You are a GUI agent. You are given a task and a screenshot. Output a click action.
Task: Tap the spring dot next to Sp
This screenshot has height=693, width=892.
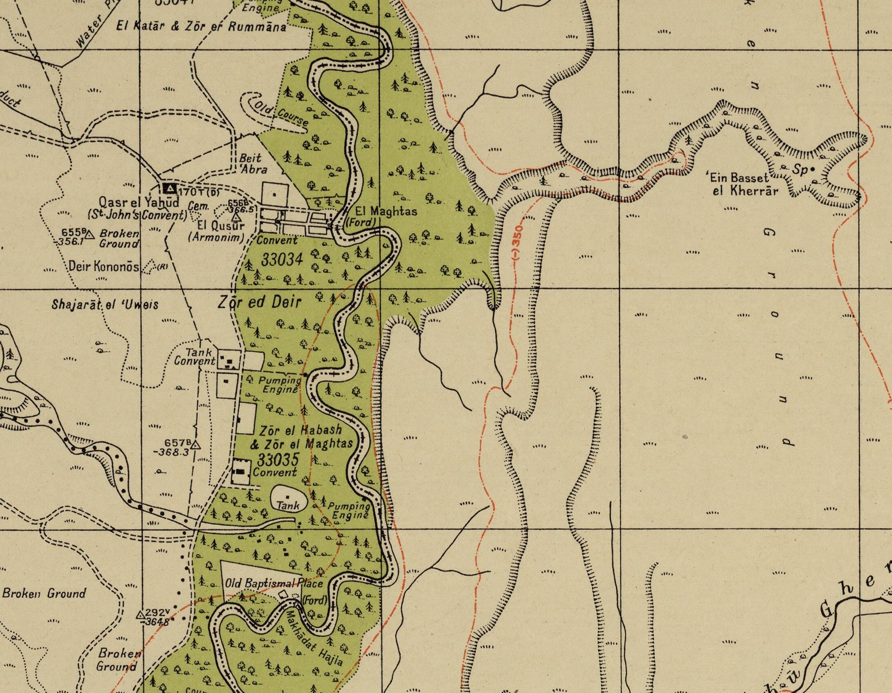(x=812, y=168)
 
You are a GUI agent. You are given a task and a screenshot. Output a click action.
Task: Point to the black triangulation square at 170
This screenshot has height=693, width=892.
(x=170, y=189)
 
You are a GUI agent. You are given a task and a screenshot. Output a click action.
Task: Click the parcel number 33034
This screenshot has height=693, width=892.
(x=282, y=259)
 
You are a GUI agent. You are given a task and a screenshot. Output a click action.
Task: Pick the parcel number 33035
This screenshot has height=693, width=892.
(x=278, y=460)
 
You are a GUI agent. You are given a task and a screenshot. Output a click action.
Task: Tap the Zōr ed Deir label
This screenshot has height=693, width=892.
(x=259, y=303)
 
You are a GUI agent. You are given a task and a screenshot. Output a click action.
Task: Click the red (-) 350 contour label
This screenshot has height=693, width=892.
(x=518, y=241)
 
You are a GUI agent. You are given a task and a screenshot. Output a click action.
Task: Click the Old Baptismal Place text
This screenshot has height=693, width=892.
(x=274, y=583)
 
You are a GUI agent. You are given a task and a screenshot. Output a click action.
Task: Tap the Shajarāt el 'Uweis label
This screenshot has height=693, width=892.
(x=105, y=305)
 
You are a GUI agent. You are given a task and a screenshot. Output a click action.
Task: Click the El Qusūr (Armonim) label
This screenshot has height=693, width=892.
(x=216, y=231)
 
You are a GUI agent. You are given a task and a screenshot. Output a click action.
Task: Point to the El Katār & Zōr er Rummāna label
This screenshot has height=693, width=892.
(x=201, y=27)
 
